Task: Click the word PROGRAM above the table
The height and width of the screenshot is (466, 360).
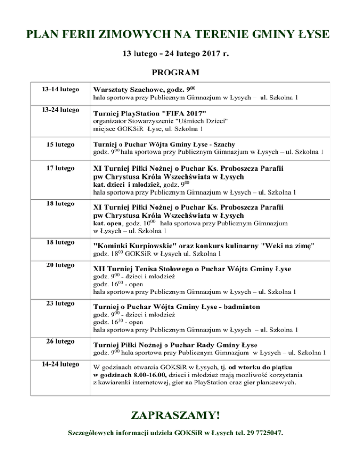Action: [x=176, y=73]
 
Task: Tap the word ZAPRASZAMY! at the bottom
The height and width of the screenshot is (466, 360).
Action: [x=176, y=415]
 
